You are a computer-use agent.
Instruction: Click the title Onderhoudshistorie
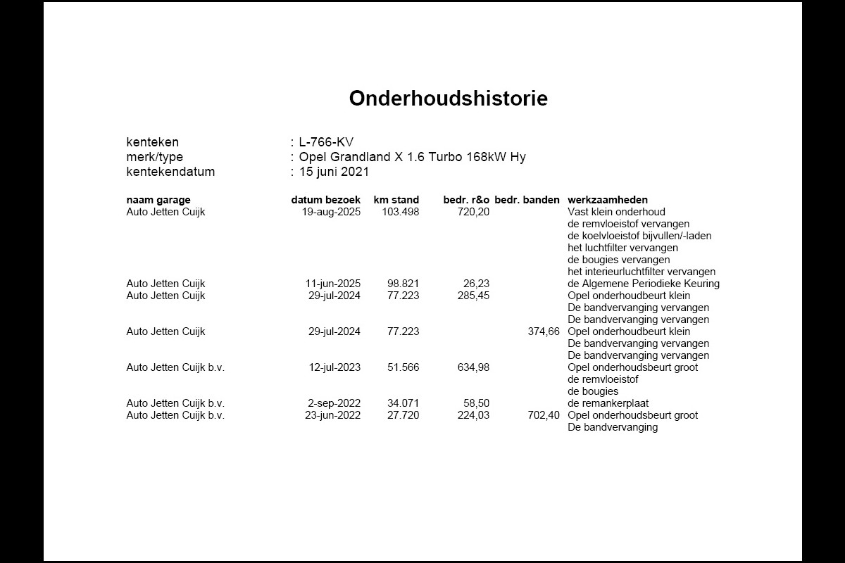(x=448, y=99)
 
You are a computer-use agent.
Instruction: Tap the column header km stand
(x=396, y=200)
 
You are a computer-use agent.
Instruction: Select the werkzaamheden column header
(x=608, y=200)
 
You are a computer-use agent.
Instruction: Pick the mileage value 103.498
(x=400, y=212)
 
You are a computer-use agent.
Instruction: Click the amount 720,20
(x=473, y=212)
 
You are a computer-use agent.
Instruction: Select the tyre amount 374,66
(x=544, y=331)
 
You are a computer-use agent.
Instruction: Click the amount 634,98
(x=473, y=367)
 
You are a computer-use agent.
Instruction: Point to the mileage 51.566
(x=403, y=367)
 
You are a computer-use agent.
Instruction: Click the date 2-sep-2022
(x=334, y=403)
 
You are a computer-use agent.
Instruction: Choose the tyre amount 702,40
(x=544, y=415)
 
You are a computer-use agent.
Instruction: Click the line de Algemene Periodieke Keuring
(x=644, y=284)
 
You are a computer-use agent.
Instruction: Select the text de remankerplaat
(x=608, y=403)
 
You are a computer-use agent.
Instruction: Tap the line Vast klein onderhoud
(x=616, y=212)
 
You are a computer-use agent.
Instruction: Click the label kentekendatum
(x=170, y=172)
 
